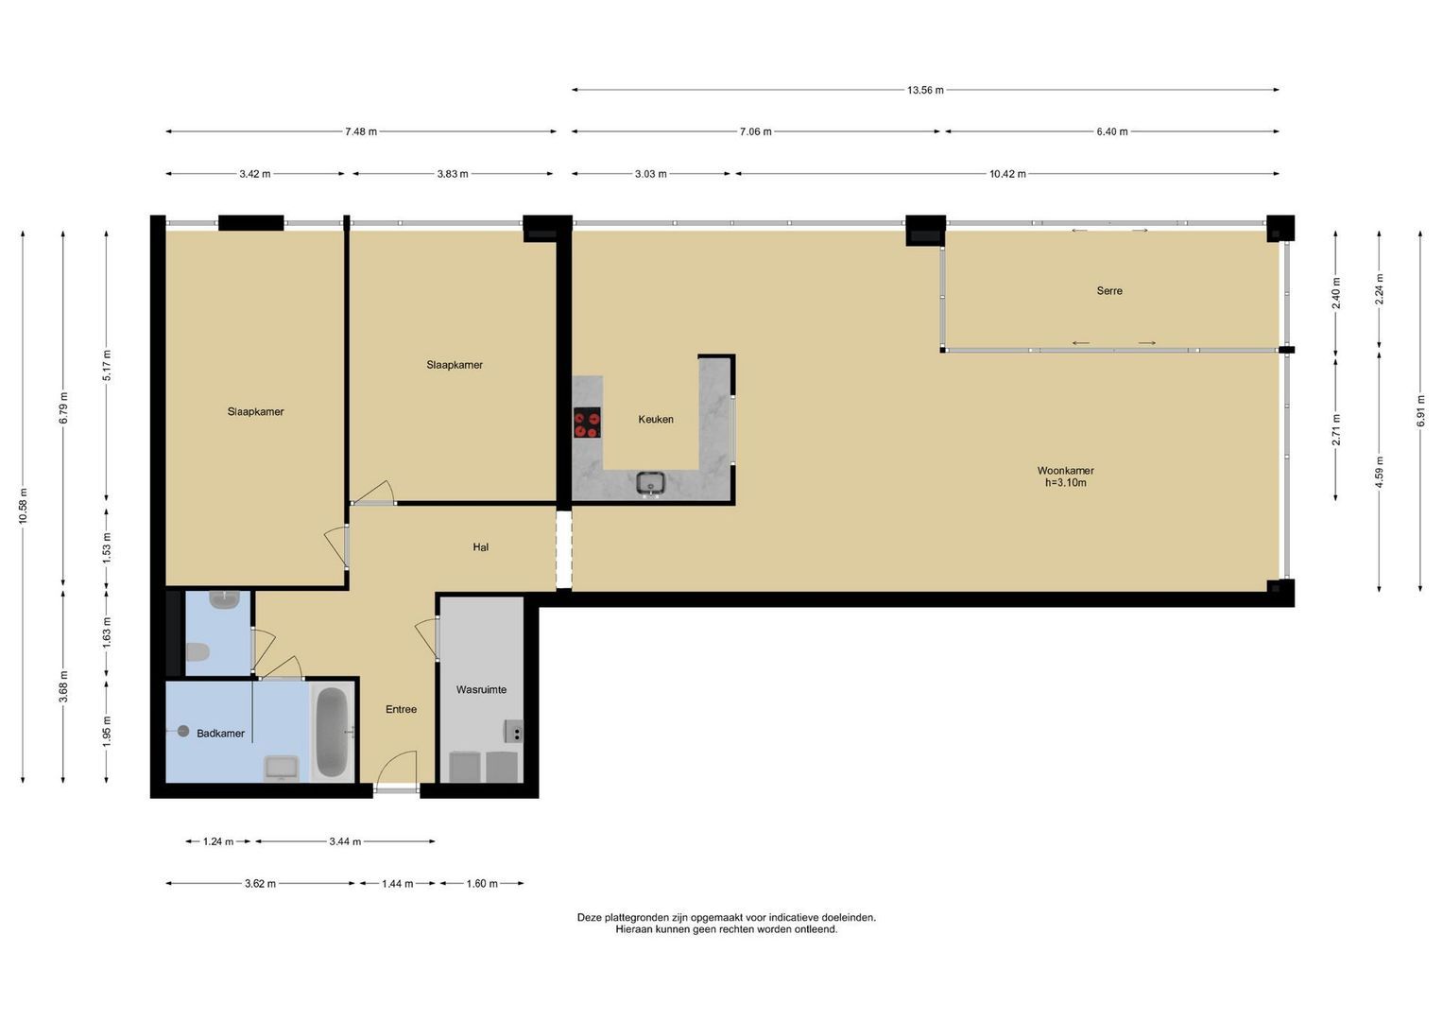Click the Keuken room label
coord(656,419)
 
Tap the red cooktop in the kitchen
coord(587,423)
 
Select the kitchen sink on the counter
coord(651,483)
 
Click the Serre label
coord(1109,291)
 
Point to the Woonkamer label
coord(1066,471)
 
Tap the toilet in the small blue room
coord(198,653)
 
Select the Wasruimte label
coord(481,690)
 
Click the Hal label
coord(481,547)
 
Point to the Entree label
coord(401,709)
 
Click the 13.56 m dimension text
coord(925,90)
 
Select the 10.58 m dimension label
coord(24,507)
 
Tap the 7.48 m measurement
coord(361,132)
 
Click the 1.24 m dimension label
coord(217,841)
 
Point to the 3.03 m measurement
coord(651,174)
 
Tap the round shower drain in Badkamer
coord(183,731)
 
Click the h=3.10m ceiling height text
coord(1066,483)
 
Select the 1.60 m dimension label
coord(482,884)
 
